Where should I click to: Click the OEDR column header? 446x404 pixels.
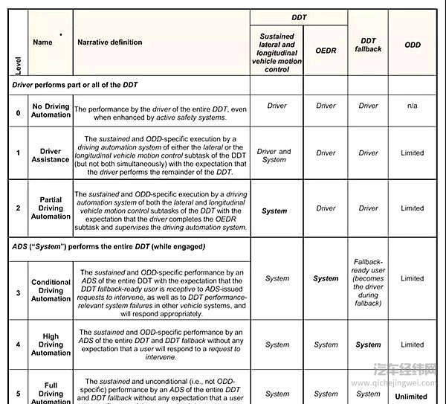tap(326, 51)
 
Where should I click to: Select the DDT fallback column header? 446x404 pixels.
tap(369, 45)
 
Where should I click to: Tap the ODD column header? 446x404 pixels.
tap(413, 45)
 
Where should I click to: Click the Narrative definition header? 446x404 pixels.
tap(110, 42)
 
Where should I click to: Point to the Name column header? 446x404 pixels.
tap(43, 42)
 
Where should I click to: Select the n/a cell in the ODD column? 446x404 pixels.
tap(413, 106)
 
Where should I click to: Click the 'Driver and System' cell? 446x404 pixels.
tap(274, 155)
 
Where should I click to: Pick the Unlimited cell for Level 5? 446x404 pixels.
tap(413, 397)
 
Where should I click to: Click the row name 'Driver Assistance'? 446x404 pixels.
tap(51, 155)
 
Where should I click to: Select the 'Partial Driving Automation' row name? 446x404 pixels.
tap(51, 208)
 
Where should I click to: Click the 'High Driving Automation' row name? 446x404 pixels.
tap(51, 344)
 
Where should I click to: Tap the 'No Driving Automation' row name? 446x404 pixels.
tap(51, 110)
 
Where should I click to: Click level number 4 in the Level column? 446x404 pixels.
tap(19, 344)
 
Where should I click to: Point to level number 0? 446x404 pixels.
tap(19, 112)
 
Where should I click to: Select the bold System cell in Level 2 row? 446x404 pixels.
tap(274, 211)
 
